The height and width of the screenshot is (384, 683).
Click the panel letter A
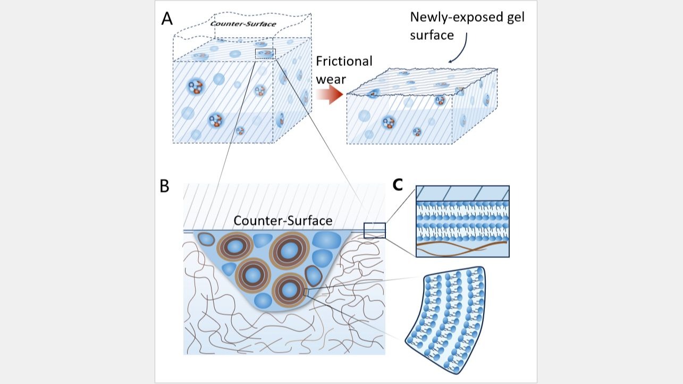[167, 19]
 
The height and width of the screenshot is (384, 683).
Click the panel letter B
[164, 186]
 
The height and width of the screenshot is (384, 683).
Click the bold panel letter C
[398, 185]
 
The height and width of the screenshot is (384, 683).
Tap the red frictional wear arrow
[330, 94]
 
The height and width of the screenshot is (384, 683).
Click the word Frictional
[344, 61]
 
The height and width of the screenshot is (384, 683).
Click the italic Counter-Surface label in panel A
[243, 24]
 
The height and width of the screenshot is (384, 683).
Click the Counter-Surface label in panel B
[283, 221]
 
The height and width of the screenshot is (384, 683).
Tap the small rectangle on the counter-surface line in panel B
[374, 230]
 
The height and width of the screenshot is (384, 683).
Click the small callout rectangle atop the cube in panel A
[265, 53]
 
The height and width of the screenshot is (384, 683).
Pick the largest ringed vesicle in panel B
[289, 251]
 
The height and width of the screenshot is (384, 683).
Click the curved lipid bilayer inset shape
[445, 320]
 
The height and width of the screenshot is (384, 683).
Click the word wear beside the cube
[331, 80]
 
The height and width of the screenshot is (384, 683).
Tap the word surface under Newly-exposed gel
[432, 36]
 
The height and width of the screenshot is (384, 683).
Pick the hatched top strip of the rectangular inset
[462, 194]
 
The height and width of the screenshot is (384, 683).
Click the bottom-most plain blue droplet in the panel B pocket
[263, 300]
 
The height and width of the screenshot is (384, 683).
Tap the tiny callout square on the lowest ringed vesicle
[306, 293]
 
